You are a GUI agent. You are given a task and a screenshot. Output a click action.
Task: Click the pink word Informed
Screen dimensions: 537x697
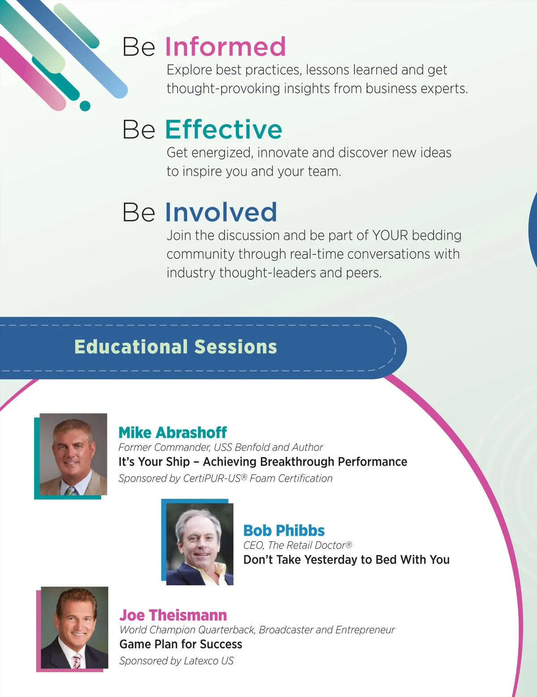coord(225,47)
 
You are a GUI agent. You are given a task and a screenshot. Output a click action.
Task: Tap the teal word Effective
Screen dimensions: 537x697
coord(224,129)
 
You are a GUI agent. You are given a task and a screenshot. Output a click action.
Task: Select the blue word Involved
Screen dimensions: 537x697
coord(221,212)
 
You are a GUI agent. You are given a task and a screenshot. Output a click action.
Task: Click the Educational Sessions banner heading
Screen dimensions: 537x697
coord(175,347)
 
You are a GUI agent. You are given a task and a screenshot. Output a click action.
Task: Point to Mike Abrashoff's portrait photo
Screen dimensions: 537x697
coord(73,454)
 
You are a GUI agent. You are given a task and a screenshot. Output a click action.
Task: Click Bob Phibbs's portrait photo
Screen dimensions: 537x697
coord(200,544)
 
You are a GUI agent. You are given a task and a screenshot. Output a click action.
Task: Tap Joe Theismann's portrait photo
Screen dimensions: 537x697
coord(74,627)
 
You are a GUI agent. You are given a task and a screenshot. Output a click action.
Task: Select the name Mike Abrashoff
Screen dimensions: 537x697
coord(173,432)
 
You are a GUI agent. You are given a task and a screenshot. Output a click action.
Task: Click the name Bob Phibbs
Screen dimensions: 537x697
coord(284,531)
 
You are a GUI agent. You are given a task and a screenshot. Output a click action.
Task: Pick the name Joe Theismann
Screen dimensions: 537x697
coord(173,615)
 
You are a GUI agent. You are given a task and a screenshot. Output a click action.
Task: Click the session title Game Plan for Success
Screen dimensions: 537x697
coord(181,644)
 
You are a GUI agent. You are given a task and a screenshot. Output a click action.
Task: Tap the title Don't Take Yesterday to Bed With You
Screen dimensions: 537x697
coord(346,559)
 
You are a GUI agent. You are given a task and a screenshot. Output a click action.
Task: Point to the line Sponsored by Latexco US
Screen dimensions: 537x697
coord(176,661)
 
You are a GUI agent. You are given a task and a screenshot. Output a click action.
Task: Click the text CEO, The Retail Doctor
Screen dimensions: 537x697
coord(298,545)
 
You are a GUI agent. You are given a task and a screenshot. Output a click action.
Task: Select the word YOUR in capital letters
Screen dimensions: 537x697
coord(390,235)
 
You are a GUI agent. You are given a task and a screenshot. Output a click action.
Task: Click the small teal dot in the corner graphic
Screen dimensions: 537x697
coord(85,106)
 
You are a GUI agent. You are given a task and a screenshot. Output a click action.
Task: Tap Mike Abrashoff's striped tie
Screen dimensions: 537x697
coord(72,491)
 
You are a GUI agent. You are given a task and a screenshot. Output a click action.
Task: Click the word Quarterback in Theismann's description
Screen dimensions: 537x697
coord(226,630)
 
